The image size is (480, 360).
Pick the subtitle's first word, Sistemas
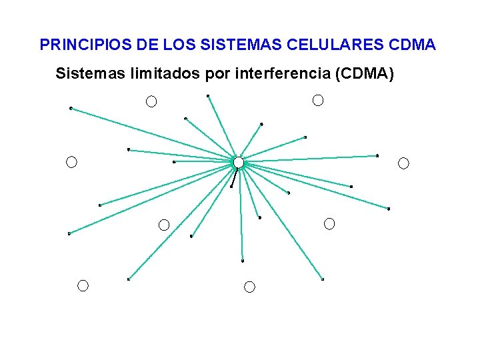coord(85,73)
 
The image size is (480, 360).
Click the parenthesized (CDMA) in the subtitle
coord(366,73)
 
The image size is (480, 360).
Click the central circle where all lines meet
coord(238,162)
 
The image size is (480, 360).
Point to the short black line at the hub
coord(233,177)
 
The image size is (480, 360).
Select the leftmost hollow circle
coord(71,162)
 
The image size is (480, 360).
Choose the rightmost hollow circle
coord(403,163)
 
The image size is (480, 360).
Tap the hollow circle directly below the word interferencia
coord(318,101)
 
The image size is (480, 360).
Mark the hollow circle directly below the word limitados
coord(151,102)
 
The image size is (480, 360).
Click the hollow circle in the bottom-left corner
coord(83,286)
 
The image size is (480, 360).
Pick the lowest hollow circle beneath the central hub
coord(249,287)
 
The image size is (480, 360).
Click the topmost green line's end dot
coord(208,96)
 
